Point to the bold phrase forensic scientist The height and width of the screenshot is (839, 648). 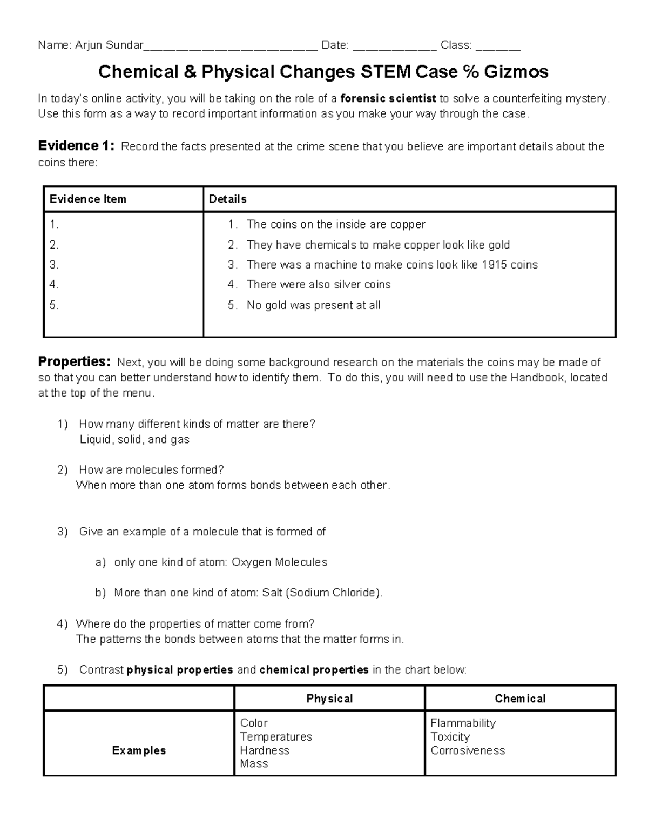tap(388, 98)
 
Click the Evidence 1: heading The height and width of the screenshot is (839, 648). tap(76, 146)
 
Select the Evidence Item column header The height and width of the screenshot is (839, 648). tap(88, 199)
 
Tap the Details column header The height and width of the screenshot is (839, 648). tap(228, 199)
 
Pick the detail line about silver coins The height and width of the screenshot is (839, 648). tap(318, 285)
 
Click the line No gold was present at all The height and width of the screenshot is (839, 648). tap(313, 305)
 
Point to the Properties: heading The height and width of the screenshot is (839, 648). tap(75, 361)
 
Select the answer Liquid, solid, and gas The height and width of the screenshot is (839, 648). tap(134, 440)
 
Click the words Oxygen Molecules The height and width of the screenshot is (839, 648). tap(279, 562)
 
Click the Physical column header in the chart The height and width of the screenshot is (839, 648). tap(329, 699)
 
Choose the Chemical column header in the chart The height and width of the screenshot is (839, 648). tap(520, 699)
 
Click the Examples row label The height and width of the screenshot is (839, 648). tap(139, 750)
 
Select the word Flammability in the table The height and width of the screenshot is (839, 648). tap(463, 723)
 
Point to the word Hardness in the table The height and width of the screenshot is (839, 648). tap(265, 750)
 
